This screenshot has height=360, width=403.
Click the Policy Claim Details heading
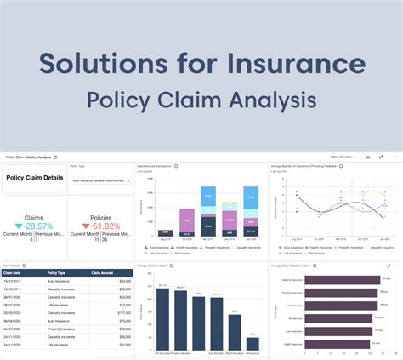[x=34, y=178]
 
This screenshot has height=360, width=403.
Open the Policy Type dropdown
[x=99, y=180]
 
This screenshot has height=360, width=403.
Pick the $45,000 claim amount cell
[x=124, y=281]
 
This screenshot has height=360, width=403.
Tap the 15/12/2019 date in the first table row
[x=14, y=281]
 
